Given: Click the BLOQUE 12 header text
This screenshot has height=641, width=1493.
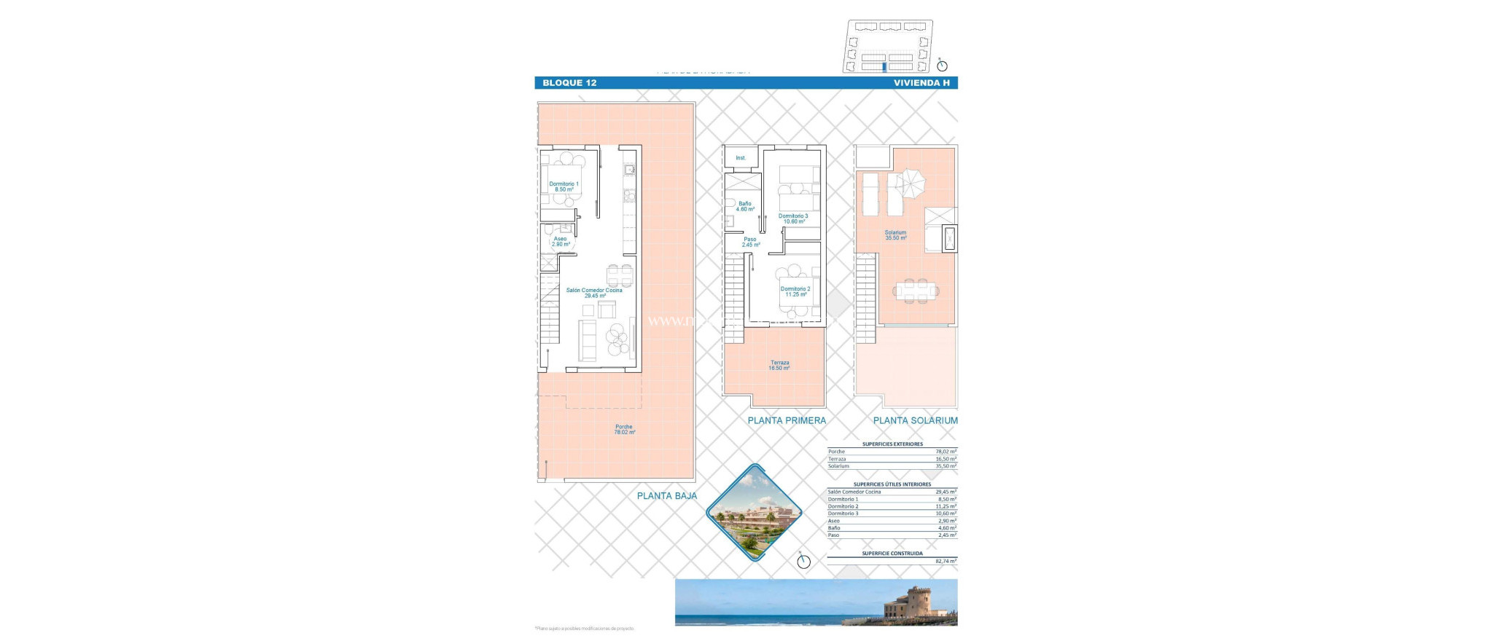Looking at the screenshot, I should [569, 83].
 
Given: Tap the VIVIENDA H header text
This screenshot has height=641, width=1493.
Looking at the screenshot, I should [921, 83].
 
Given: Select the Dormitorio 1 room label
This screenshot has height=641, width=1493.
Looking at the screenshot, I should [564, 186].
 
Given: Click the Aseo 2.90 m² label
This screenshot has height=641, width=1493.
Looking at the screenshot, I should [560, 241].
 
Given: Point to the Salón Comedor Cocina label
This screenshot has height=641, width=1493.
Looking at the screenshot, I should [594, 293].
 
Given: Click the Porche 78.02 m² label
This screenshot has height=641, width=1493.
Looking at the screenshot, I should [624, 429].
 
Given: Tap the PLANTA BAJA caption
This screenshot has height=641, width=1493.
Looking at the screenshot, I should [666, 496].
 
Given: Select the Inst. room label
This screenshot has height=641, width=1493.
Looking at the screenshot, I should [741, 158].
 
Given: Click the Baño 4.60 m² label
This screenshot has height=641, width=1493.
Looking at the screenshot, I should [744, 206].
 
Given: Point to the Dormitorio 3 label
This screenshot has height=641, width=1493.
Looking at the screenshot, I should [793, 219].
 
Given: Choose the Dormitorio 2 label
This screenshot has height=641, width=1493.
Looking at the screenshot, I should [795, 291].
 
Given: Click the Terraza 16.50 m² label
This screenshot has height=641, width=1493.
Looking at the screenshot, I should [779, 365].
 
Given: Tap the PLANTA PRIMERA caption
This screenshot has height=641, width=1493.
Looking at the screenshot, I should [787, 420].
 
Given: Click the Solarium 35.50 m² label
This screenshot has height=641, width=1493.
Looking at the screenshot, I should [895, 235].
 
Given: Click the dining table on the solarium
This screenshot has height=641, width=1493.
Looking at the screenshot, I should [916, 291].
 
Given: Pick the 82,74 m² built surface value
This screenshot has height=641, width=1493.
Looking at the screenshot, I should [946, 562].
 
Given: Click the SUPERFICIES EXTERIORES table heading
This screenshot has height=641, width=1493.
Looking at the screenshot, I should [892, 444].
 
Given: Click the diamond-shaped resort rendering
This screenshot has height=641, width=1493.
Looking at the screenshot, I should [754, 513].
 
